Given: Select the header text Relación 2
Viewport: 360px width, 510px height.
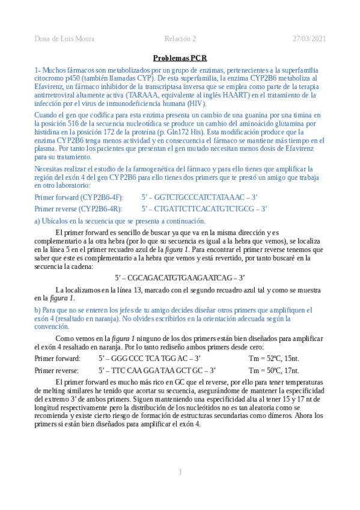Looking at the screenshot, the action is [x=180, y=39].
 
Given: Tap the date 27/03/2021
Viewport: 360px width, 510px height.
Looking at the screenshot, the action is [x=309, y=39].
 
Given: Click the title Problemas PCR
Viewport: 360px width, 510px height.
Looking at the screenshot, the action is [x=180, y=58].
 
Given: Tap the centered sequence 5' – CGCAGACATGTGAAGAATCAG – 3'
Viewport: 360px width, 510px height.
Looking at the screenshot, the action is [x=180, y=278].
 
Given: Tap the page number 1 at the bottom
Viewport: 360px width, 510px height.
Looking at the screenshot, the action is [x=180, y=472].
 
